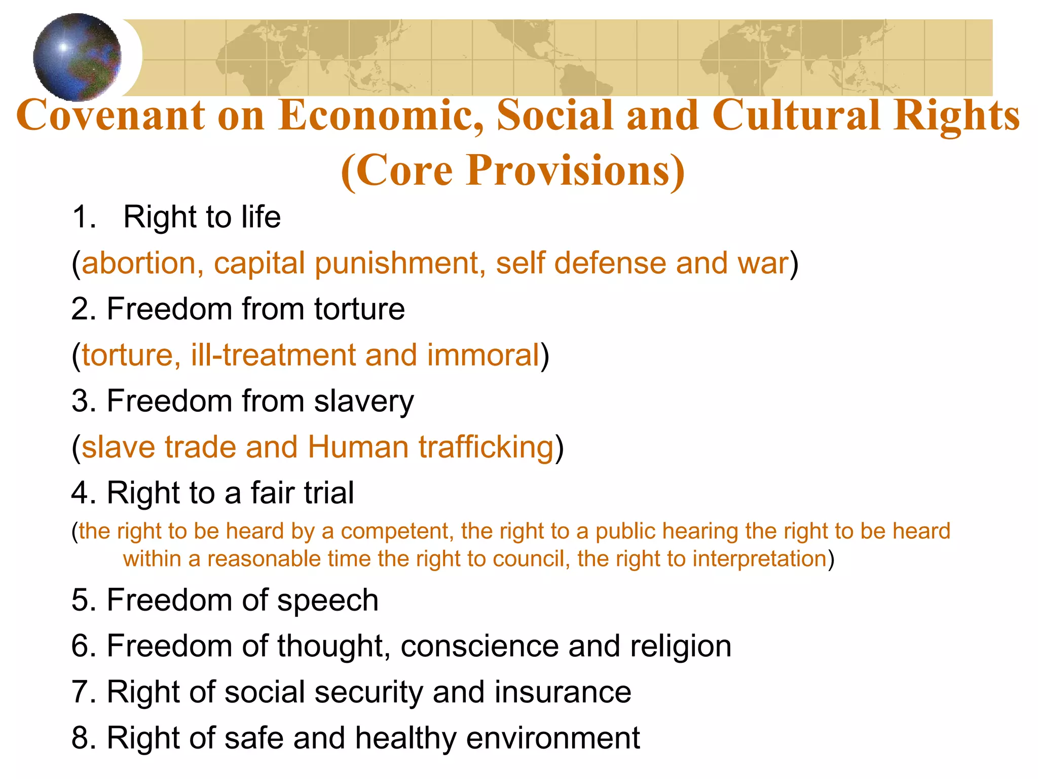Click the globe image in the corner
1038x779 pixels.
(77, 57)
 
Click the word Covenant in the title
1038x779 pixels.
(111, 116)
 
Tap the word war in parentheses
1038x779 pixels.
(762, 263)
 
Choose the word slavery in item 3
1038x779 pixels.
(363, 401)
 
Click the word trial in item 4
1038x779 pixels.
(329, 493)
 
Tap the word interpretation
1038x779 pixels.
(760, 559)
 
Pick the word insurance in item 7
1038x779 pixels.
(563, 692)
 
